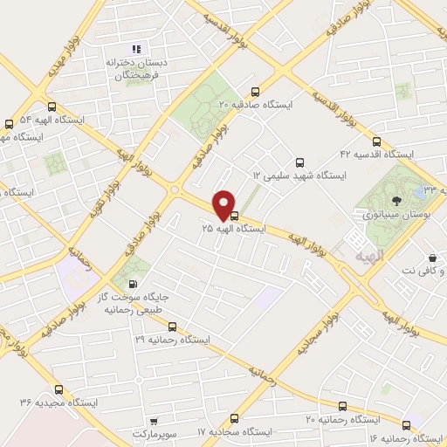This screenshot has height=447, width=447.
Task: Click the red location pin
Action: pos(224,204)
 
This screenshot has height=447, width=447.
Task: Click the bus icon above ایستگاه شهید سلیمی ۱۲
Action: pos(299,162)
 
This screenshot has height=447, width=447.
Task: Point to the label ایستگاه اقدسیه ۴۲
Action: pos(378,154)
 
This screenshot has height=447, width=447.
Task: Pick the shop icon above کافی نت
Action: pos(433,258)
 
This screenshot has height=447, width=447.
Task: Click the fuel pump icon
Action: pos(132,283)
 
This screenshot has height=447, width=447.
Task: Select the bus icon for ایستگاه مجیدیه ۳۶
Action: pos(58,390)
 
